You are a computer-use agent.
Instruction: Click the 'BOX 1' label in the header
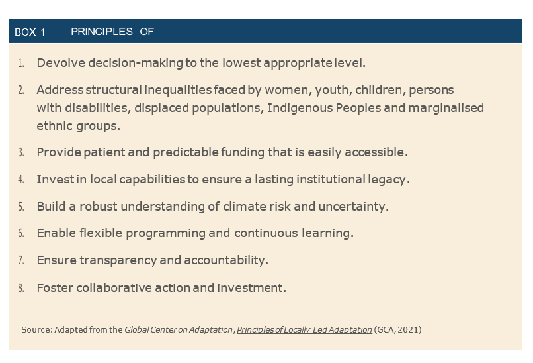(30, 32)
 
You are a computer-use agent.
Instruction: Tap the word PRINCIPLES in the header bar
(102, 32)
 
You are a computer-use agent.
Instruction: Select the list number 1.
(21, 63)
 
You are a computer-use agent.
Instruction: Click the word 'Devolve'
(61, 63)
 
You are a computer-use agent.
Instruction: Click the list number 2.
(21, 90)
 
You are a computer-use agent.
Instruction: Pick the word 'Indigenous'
(300, 108)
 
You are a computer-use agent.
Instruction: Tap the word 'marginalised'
(446, 108)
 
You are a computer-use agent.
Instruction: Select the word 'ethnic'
(55, 126)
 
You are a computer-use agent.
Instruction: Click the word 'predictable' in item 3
(186, 152)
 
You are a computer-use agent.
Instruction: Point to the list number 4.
(21, 180)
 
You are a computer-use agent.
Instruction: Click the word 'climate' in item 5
(245, 207)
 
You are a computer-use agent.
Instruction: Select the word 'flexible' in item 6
(101, 233)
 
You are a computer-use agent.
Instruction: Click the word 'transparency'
(118, 260)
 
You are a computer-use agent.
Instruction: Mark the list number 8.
(21, 288)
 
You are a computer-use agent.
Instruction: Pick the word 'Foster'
(55, 287)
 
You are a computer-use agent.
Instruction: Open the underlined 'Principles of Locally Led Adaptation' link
(304, 330)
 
